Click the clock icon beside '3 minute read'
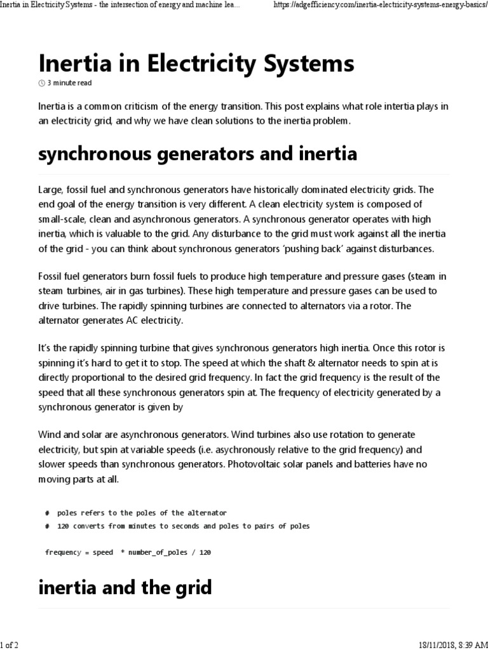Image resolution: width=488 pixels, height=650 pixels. click(x=42, y=83)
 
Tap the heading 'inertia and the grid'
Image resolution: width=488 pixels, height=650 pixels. click(x=125, y=587)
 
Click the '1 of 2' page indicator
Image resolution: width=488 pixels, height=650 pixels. click(x=10, y=645)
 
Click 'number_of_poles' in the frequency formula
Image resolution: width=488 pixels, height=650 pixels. click(x=158, y=552)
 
